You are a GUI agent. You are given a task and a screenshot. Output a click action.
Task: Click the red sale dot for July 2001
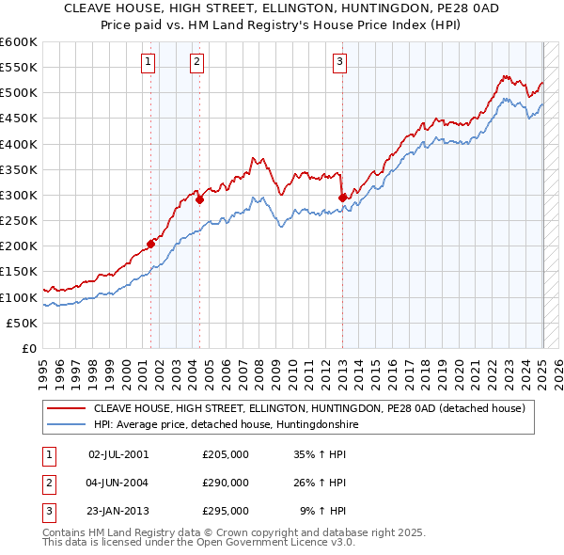point(150,243)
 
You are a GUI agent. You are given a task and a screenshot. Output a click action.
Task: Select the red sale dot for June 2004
point(199,199)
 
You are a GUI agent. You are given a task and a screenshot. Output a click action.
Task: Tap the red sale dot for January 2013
point(342,198)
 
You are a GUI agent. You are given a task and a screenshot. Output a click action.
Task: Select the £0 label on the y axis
point(28,348)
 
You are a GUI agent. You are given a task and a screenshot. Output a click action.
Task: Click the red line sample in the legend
point(66,408)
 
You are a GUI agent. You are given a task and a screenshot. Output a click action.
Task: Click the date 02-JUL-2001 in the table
point(118,453)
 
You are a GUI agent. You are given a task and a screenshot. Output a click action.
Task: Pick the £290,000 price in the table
point(225,483)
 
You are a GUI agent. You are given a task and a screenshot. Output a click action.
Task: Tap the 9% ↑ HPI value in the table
point(322,512)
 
